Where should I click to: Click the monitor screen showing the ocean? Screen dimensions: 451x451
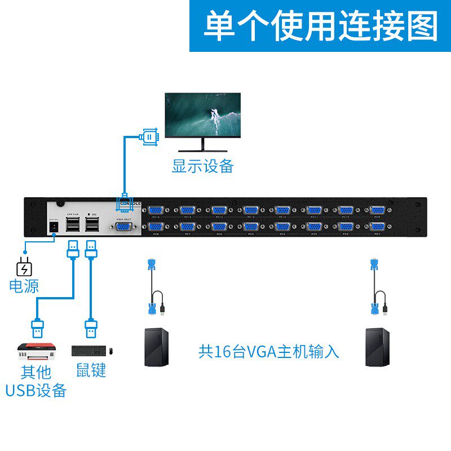point(203,116)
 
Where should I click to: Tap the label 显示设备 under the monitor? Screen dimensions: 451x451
point(202,166)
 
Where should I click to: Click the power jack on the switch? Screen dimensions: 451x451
point(55,225)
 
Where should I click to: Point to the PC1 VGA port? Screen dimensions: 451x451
point(377,226)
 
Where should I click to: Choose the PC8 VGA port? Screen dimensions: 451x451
point(155,226)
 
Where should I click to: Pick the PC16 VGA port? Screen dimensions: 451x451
point(155,210)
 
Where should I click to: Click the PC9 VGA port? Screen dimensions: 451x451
point(377,210)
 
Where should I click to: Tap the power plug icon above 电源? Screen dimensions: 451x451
point(23,267)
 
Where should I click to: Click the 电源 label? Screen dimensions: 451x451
point(24,286)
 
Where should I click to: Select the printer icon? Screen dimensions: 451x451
point(37,351)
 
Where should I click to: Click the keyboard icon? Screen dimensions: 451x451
point(87,351)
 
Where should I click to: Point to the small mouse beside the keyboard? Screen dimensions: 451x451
point(111,351)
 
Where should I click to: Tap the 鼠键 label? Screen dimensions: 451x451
point(91,370)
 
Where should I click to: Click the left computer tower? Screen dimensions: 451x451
point(156,346)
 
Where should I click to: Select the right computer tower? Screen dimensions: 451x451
point(377,346)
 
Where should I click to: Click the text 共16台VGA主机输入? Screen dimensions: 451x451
point(269,351)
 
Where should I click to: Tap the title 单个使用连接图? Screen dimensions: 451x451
point(320,26)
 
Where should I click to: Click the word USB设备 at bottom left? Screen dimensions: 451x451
point(36,390)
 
